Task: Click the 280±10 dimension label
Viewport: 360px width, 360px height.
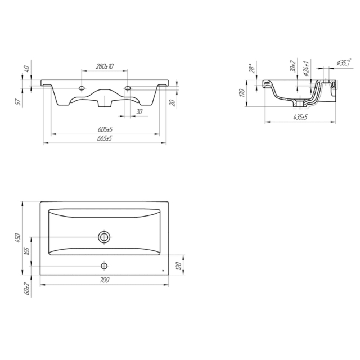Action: click(x=105, y=66)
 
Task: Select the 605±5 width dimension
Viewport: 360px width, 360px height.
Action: click(x=105, y=129)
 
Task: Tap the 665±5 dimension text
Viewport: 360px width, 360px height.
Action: click(x=105, y=138)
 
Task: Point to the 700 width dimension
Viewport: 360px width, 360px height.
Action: click(x=105, y=280)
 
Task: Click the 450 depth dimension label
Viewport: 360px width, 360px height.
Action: click(x=19, y=238)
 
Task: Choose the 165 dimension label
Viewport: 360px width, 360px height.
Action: click(x=26, y=251)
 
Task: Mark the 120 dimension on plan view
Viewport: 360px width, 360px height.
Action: click(x=179, y=265)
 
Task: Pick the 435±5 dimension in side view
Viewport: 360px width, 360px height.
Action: click(x=300, y=117)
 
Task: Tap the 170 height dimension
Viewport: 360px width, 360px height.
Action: click(x=242, y=93)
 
